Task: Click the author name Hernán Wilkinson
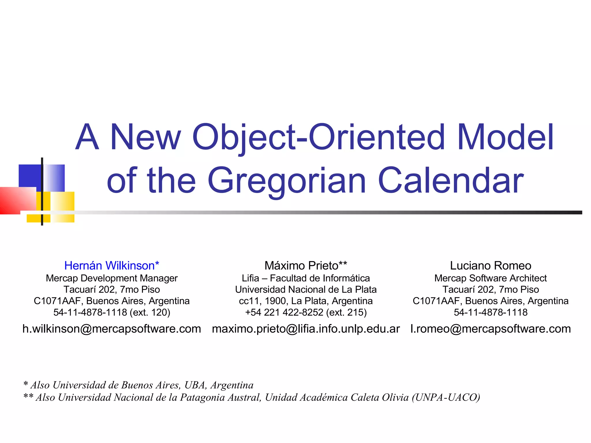click(109, 265)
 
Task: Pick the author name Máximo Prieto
click(302, 265)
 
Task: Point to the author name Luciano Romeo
click(491, 265)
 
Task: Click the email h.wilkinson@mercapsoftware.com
click(112, 329)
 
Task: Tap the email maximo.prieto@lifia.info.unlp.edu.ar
click(306, 329)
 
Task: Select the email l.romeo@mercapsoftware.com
click(491, 329)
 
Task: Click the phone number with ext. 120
click(112, 312)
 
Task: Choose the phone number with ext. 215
click(306, 312)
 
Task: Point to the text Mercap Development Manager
click(112, 278)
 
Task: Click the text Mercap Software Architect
click(491, 278)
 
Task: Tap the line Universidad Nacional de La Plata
click(306, 289)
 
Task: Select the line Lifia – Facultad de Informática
click(306, 278)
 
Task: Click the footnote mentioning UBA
click(139, 385)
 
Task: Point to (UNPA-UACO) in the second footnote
click(446, 397)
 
